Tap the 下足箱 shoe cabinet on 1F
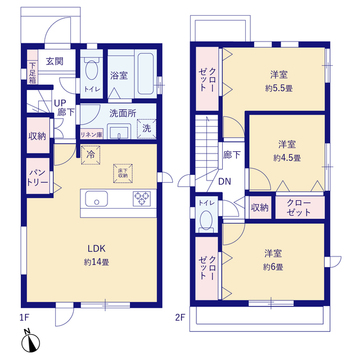click(32, 75)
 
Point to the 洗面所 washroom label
click(122, 112)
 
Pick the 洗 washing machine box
click(145, 128)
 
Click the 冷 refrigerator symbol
click(91, 155)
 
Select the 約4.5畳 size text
click(284, 158)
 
